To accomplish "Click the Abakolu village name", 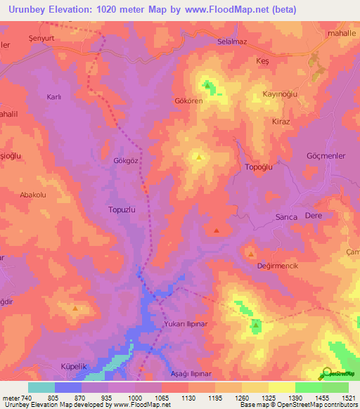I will coord(33,195).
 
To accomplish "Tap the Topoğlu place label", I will coord(258,167).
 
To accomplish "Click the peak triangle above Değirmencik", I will coord(251,253).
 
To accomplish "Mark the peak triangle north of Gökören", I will coord(207,86).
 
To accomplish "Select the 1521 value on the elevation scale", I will coord(348,398).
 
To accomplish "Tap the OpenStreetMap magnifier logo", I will coord(327,375).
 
